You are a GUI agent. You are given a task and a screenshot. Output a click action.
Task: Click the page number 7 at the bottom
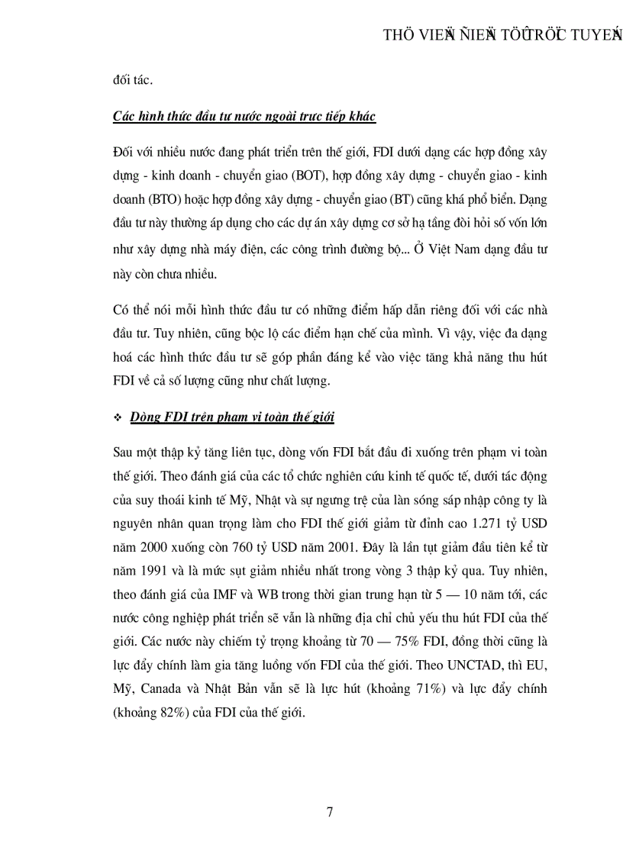(x=330, y=812)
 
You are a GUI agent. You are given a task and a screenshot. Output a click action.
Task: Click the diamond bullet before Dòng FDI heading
(x=118, y=418)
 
